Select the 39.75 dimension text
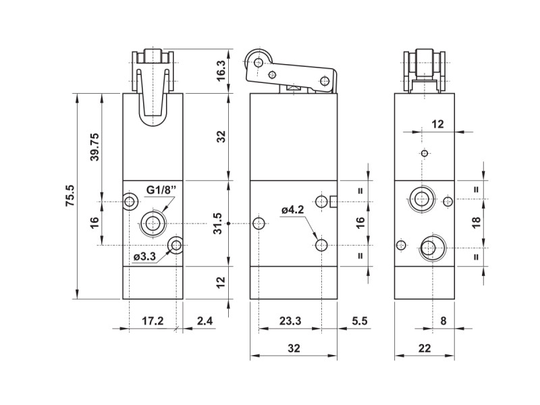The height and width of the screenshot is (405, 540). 94,146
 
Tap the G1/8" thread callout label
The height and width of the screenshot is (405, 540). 161,190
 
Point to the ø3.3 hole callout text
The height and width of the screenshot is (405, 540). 144,256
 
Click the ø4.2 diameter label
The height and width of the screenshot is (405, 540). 293,209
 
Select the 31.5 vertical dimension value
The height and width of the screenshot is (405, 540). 217,223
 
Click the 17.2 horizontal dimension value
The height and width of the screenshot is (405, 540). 153,321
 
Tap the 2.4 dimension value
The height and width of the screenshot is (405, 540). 205,321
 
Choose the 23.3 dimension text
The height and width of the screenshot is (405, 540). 290,321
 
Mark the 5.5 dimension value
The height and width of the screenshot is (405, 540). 360,321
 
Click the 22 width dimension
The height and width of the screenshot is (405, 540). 425,348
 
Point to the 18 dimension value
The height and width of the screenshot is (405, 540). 477,223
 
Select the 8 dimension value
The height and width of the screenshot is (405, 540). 443,321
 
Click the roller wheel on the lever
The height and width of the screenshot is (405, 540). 259,62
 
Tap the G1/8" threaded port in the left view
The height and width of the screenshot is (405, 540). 151,223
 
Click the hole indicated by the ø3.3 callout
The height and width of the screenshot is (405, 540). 176,245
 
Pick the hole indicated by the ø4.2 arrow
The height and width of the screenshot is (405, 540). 321,245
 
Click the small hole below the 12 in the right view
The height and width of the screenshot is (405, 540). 425,153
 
